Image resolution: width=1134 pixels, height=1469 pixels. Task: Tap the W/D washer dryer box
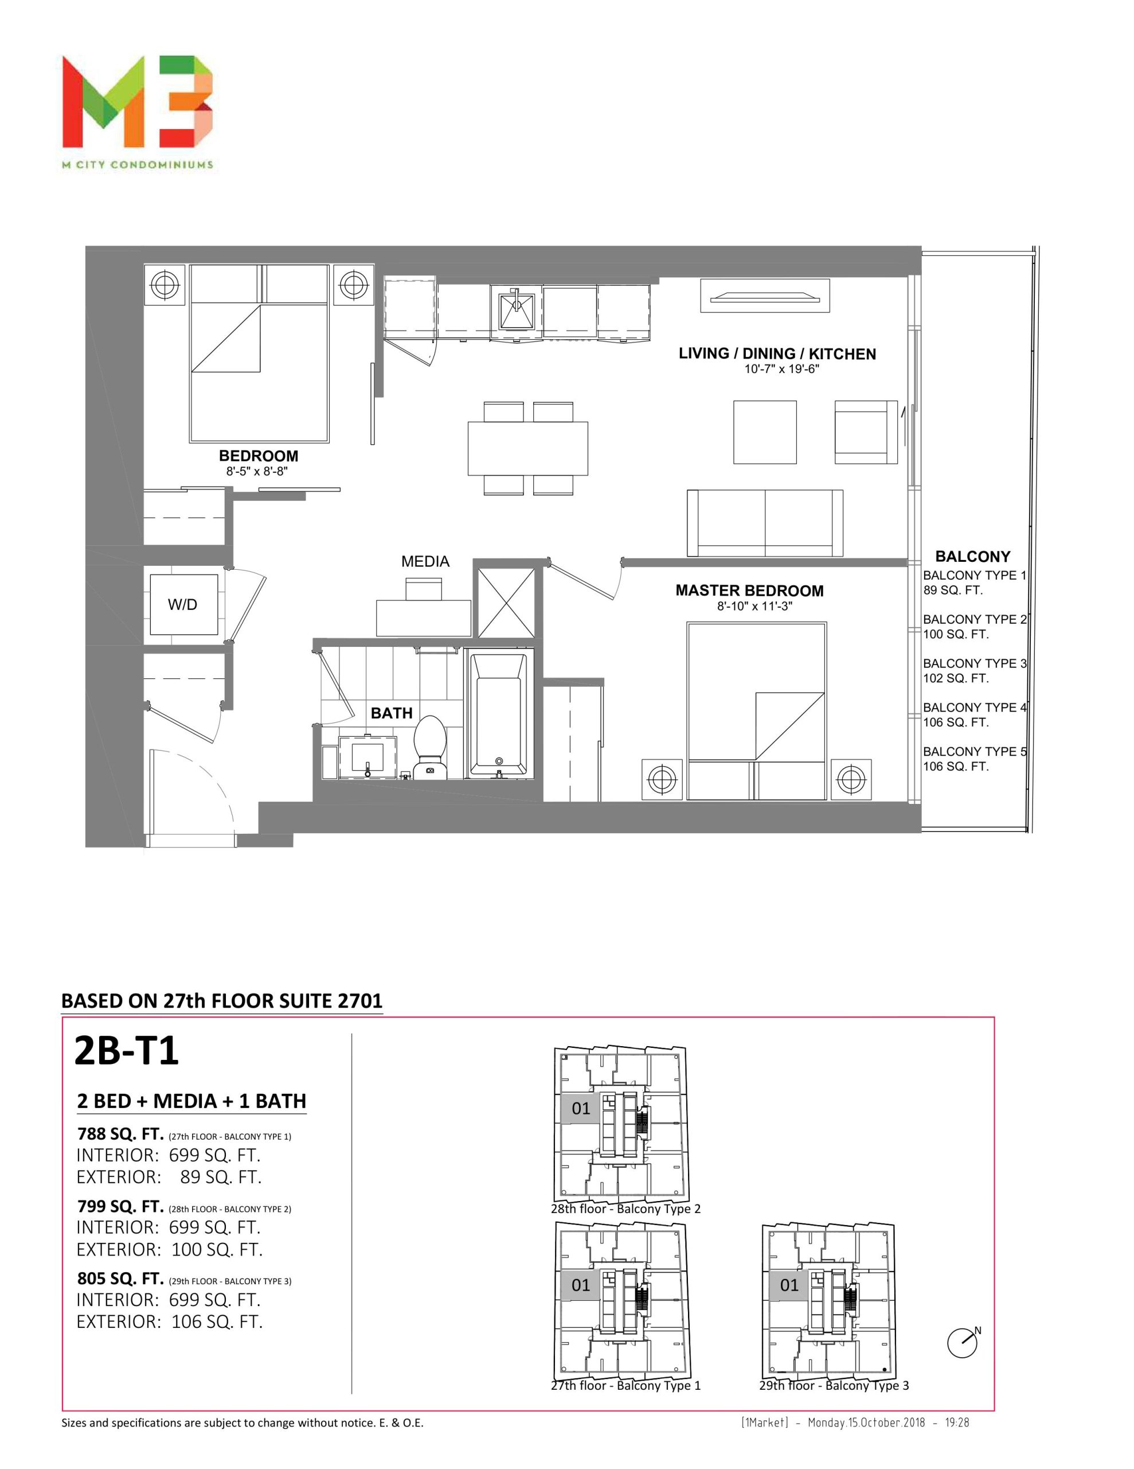pyautogui.click(x=183, y=604)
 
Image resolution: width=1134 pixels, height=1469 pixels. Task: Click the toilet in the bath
pyautogui.click(x=429, y=747)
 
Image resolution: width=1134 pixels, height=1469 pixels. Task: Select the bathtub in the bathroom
pyautogui.click(x=498, y=714)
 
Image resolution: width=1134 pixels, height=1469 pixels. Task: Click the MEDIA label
pyautogui.click(x=425, y=562)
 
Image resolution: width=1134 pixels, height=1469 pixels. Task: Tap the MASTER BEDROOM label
pyautogui.click(x=749, y=590)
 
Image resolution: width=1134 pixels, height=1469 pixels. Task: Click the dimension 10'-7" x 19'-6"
pyautogui.click(x=781, y=368)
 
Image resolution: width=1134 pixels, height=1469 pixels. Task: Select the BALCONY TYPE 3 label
pyautogui.click(x=975, y=663)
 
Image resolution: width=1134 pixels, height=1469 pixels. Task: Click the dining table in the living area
pyautogui.click(x=527, y=449)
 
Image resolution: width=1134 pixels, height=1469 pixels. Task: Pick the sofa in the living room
pyautogui.click(x=764, y=523)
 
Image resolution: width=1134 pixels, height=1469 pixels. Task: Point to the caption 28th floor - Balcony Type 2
pyautogui.click(x=625, y=1208)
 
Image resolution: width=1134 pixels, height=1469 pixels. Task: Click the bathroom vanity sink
pyautogui.click(x=367, y=757)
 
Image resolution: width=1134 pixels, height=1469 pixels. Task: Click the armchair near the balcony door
pyautogui.click(x=866, y=432)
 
